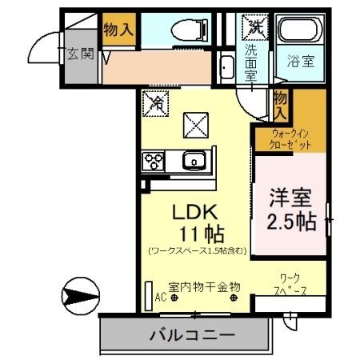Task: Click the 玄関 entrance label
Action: click(x=79, y=54)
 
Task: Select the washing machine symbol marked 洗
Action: click(x=254, y=26)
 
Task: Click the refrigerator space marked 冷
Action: click(x=158, y=102)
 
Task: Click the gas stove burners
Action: click(x=153, y=162)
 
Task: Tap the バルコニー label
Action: click(x=191, y=336)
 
